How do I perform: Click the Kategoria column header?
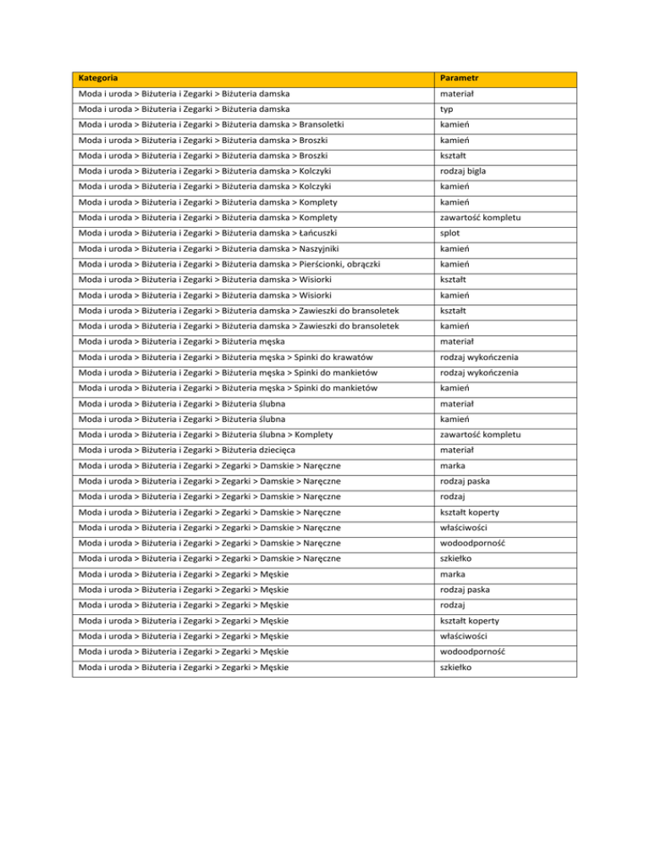pos(97,79)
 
